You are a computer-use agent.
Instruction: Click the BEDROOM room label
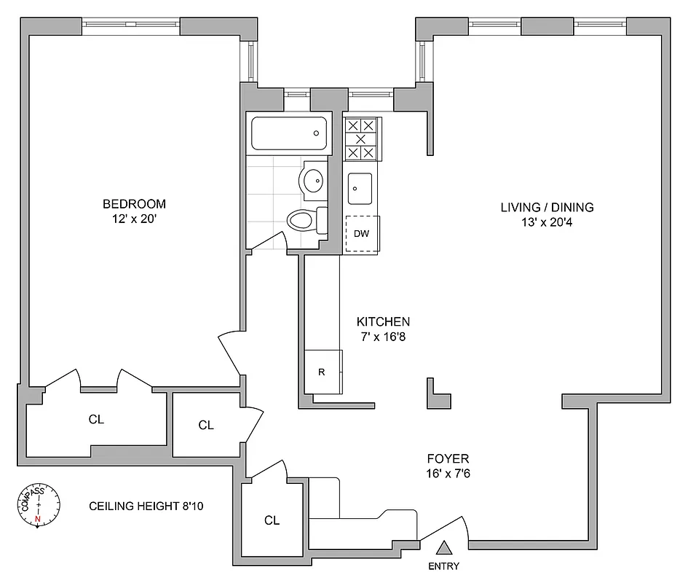(x=134, y=204)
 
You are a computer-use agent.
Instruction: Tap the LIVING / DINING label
(x=547, y=207)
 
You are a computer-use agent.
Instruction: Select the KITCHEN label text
(x=383, y=321)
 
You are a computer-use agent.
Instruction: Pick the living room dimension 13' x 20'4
(x=547, y=222)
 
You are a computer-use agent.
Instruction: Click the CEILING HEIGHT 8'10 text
(x=146, y=506)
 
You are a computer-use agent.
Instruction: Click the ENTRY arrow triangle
(x=444, y=547)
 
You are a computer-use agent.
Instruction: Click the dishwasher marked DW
(x=361, y=234)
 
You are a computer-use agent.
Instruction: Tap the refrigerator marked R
(x=321, y=372)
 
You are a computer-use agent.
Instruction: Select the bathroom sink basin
(x=314, y=180)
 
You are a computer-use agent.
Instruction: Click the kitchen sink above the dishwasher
(x=360, y=187)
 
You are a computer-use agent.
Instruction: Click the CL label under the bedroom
(x=96, y=420)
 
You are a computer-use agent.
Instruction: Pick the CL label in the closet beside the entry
(x=272, y=520)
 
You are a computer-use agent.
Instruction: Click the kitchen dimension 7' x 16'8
(x=383, y=336)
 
